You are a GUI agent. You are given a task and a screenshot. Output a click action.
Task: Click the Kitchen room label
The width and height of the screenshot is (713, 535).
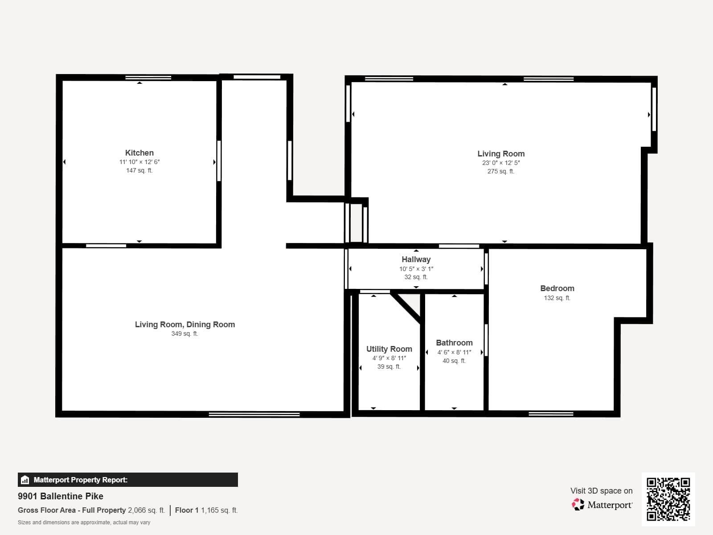[139, 153]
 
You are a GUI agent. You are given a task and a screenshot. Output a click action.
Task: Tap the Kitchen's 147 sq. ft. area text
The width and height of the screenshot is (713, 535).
[139, 170]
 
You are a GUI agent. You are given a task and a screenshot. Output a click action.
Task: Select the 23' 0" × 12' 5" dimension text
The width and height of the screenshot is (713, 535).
[501, 163]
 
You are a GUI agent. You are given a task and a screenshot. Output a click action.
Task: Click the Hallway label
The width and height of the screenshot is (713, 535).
[416, 259]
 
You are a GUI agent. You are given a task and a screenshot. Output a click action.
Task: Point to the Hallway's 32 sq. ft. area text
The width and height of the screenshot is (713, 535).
[416, 277]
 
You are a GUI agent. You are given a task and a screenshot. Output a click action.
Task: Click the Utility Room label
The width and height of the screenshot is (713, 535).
[389, 349]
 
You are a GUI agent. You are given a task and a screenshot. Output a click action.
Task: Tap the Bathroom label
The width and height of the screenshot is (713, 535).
[454, 343]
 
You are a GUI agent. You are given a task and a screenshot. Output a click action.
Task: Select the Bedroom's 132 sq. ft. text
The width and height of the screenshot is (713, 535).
[557, 298]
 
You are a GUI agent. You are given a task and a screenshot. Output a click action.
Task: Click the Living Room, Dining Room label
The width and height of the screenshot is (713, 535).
[185, 325]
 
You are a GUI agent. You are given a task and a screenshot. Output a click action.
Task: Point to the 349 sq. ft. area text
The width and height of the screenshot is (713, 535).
[185, 333]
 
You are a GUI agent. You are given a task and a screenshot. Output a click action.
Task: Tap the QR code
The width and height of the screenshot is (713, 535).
[668, 499]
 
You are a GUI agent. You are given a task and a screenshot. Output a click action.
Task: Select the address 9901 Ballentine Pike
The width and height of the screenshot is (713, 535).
[61, 496]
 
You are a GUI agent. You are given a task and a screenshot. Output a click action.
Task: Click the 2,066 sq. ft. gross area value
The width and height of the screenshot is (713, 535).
[146, 510]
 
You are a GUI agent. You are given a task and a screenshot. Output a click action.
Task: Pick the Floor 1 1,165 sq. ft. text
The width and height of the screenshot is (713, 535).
[206, 510]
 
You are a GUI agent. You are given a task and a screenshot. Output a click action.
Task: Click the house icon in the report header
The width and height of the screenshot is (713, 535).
[25, 480]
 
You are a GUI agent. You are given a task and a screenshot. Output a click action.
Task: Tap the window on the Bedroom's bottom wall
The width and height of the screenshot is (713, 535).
[550, 414]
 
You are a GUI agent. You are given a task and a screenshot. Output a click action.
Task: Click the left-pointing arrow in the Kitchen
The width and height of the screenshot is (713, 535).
[65, 162]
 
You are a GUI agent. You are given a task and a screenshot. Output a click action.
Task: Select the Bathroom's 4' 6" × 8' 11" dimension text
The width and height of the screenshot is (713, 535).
[454, 352]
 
